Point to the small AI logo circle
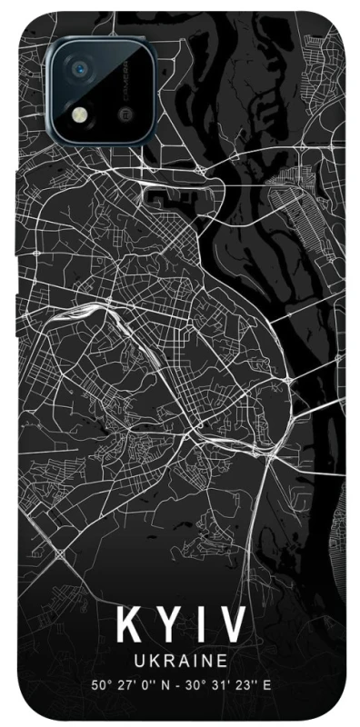tap(125, 115)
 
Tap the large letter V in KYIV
tap(233, 626)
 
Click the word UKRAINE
tap(180, 661)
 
